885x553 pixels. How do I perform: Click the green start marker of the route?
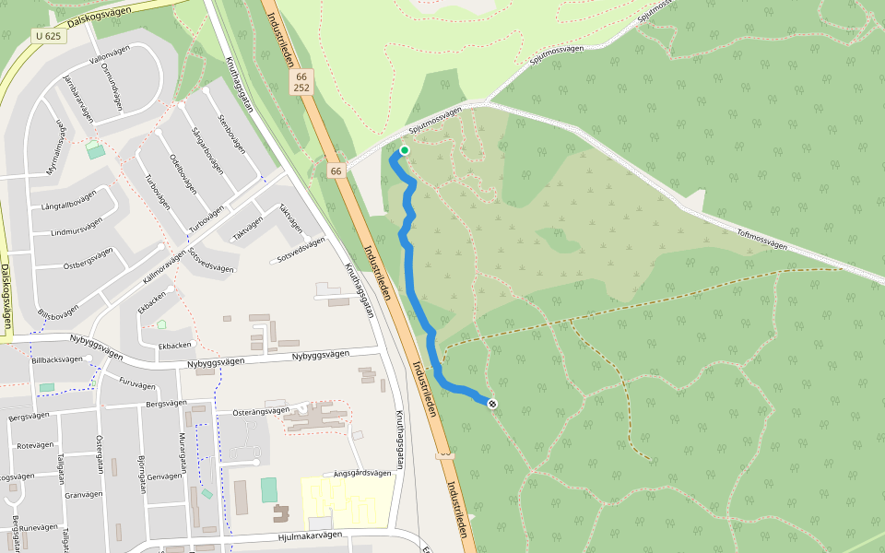(404, 150)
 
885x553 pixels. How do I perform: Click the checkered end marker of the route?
(492, 403)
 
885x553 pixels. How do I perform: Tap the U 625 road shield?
(48, 36)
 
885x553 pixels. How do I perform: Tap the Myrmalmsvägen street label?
(58, 147)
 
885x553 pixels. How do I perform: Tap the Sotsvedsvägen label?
(300, 248)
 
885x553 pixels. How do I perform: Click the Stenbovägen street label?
(231, 132)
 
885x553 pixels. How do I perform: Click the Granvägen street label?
(84, 494)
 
